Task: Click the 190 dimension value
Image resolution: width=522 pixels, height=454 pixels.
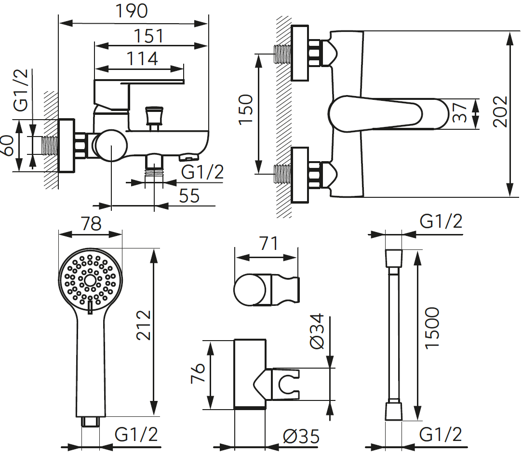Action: (132, 11)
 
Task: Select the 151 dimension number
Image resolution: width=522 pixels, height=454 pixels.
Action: (148, 36)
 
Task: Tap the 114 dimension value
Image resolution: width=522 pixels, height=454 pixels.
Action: (142, 59)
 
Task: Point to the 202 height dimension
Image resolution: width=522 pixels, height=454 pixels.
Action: (500, 111)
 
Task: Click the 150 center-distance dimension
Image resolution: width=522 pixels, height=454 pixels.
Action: (246, 110)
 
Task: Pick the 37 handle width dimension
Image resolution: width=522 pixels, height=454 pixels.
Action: (460, 112)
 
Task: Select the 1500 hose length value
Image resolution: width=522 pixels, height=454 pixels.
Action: (432, 328)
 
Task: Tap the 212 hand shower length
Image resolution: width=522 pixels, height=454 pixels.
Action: (144, 325)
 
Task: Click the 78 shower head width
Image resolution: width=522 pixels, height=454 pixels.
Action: (91, 224)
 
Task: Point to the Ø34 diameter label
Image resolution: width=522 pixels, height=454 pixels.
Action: (316, 331)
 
